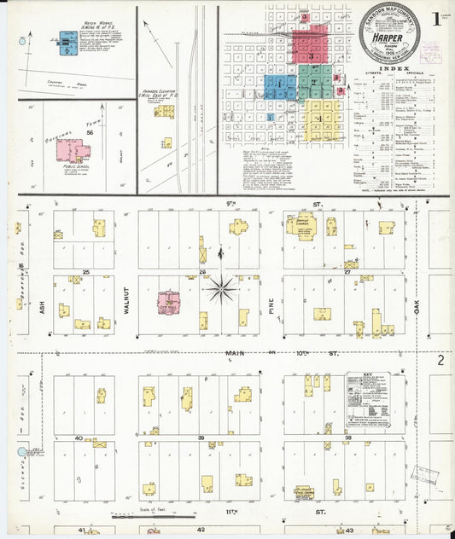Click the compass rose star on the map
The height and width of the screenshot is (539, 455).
coord(220,289)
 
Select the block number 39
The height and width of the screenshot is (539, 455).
coord(202,438)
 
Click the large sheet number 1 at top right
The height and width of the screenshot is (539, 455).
coord(437,17)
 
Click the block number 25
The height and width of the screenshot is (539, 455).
coord(86,272)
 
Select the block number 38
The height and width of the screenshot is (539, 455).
coord(348,438)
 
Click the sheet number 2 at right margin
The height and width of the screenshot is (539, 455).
coord(441,361)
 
